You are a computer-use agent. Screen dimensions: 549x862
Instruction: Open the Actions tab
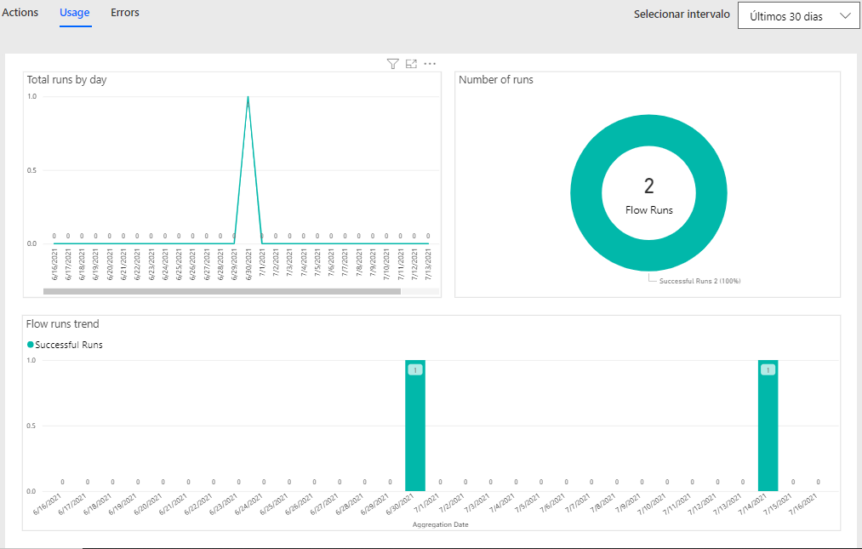click(20, 13)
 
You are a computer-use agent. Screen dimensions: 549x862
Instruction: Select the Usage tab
click(76, 13)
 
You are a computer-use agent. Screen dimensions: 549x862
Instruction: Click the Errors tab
click(125, 13)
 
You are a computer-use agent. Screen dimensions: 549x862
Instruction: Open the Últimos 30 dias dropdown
click(798, 16)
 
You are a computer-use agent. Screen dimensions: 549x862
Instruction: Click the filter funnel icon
click(392, 64)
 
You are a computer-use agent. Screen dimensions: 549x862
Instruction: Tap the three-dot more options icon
click(430, 64)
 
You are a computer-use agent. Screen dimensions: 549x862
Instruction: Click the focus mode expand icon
click(411, 64)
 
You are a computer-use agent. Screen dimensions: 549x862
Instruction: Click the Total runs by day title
click(66, 80)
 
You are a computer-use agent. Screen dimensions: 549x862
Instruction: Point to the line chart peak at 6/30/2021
click(248, 97)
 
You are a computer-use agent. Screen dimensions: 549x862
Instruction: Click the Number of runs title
click(496, 80)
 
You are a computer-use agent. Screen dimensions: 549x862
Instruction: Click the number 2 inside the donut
click(648, 186)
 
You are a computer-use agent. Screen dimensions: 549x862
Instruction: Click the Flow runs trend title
click(63, 324)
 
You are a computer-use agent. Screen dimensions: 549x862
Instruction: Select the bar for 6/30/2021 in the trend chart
click(414, 426)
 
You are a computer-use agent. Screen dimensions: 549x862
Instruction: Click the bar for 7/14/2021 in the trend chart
click(768, 426)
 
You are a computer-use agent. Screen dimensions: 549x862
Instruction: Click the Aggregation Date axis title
click(440, 524)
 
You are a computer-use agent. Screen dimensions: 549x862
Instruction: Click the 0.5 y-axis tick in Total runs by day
click(31, 170)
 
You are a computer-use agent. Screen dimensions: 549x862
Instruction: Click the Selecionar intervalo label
click(682, 14)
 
